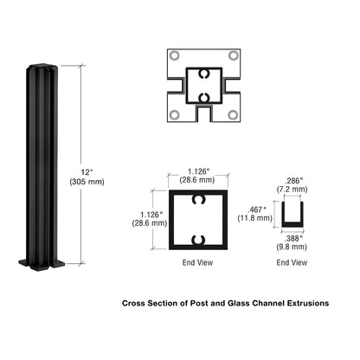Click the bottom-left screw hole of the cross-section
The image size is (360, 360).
[176, 114]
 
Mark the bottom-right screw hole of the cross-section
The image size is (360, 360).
[234, 114]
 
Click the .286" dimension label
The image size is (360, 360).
[293, 180]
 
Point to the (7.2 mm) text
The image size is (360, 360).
[293, 190]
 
